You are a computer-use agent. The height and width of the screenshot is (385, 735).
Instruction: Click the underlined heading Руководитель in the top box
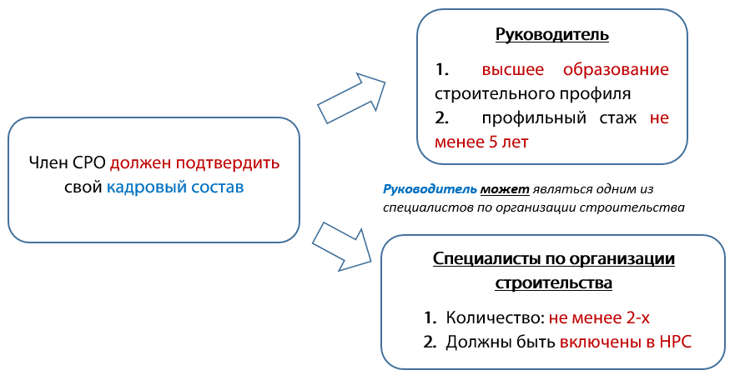click(551, 35)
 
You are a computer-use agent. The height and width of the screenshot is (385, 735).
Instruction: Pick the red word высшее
click(512, 68)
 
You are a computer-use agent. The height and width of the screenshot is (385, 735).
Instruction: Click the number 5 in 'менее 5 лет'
click(493, 142)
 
